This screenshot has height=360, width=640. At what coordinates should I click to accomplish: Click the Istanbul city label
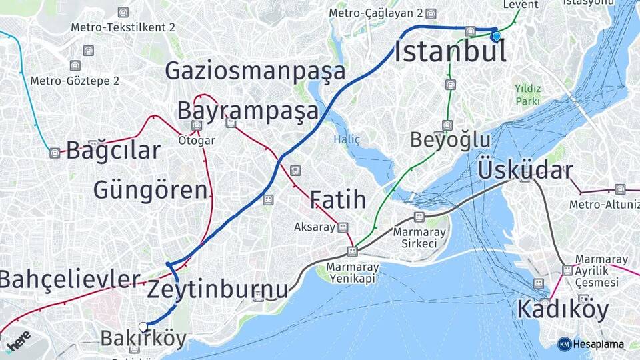pos(450,52)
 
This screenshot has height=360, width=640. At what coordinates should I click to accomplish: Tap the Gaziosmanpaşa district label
pos(255,71)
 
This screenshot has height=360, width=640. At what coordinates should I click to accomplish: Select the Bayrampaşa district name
pos(247,111)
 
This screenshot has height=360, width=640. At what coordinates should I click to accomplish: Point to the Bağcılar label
pos(113,150)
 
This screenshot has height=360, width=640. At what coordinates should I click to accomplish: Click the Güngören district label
pos(150,190)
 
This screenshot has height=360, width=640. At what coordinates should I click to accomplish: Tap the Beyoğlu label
pos(450,141)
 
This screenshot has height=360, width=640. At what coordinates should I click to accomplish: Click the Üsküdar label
pos(525,171)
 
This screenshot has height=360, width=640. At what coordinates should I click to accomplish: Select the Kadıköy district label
pos(563,309)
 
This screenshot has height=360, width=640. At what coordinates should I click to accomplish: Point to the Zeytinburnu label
pos(217,289)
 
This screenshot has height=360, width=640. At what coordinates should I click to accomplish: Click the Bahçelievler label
pos(70,279)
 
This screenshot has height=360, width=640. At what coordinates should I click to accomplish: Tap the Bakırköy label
pos(143,339)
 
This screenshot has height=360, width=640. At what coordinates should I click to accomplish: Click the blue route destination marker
pos(496,36)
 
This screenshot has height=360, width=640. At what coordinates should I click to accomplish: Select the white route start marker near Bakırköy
pos(143,326)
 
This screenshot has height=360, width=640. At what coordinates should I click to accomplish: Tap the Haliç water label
pos(347,139)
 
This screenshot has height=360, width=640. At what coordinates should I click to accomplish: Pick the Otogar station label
pos(196,141)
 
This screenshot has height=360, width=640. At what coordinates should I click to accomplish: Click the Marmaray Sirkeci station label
pos(415,237)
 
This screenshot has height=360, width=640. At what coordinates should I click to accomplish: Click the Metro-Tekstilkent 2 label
pos(123,27)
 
